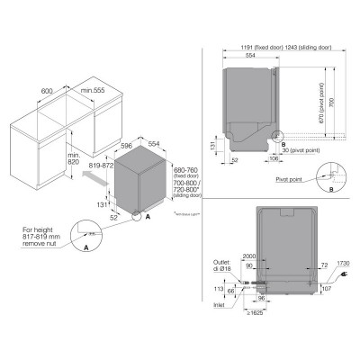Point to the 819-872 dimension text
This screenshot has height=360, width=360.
(103, 166)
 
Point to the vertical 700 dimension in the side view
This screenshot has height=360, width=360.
(335, 105)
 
